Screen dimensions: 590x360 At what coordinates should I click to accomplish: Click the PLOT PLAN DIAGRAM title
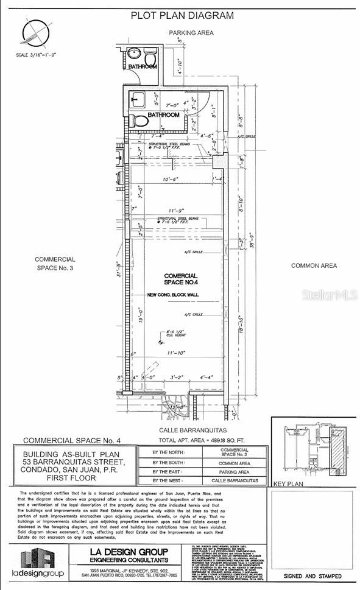(x=182, y=15)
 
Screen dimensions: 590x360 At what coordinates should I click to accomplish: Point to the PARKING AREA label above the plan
(x=191, y=32)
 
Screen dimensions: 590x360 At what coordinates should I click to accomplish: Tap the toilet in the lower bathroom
(x=140, y=120)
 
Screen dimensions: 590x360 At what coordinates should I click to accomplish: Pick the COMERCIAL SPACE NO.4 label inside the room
(x=182, y=279)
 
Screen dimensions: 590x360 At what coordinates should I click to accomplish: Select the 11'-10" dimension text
(x=176, y=353)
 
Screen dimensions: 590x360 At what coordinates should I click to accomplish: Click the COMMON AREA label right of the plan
(x=313, y=265)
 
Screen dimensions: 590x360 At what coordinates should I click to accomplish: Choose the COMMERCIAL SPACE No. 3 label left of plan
(x=55, y=264)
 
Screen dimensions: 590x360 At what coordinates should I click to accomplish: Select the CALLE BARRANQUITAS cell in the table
(x=234, y=481)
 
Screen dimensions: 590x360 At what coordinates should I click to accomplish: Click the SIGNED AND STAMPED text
(x=312, y=575)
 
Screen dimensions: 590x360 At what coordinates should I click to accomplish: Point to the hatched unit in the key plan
(x=336, y=448)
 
